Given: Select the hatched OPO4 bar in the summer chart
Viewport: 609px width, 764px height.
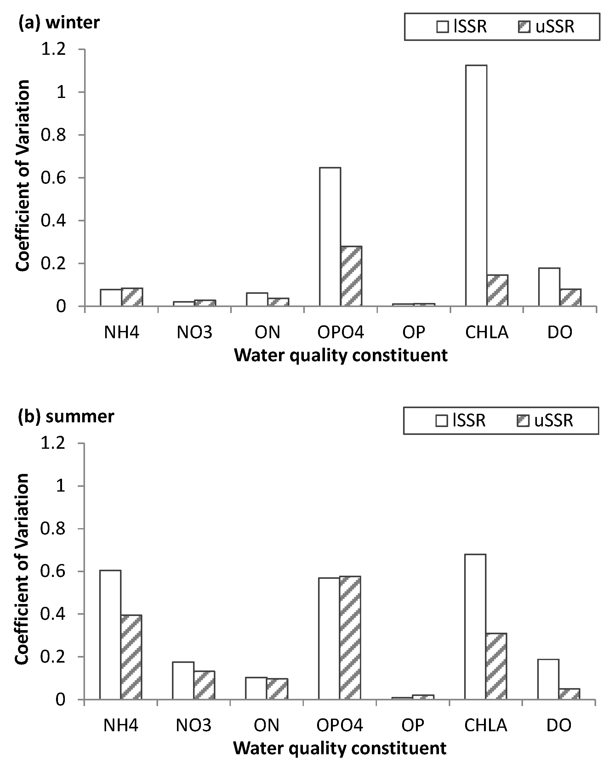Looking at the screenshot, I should click(350, 637).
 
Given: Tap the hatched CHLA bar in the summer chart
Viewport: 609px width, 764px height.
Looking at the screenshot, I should click(496, 666).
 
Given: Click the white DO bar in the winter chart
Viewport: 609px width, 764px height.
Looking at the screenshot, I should click(549, 287).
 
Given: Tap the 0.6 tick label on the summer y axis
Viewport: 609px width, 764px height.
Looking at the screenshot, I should click(53, 571).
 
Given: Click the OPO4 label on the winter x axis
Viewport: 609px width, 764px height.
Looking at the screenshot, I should click(340, 332).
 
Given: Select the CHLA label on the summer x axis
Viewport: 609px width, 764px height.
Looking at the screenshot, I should click(486, 726).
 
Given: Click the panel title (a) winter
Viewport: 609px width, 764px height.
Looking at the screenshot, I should click(59, 23).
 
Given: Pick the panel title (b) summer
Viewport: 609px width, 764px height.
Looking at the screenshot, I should click(66, 416).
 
